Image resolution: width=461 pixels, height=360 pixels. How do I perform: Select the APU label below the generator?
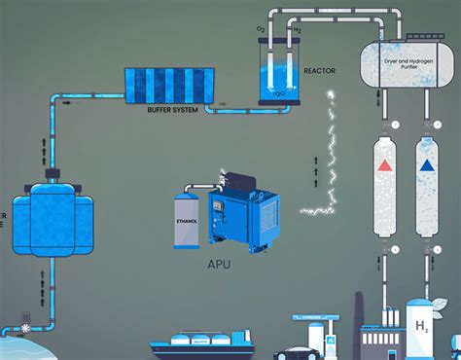(218, 264)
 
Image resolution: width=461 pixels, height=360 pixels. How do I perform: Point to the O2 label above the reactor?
(262, 29)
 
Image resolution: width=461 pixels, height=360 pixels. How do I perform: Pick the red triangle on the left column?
(385, 165)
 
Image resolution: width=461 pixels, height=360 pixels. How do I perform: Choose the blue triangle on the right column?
(425, 165)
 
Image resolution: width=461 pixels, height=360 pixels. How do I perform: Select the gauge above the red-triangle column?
(386, 126)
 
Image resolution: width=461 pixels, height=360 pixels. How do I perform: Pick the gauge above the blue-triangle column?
(425, 126)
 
